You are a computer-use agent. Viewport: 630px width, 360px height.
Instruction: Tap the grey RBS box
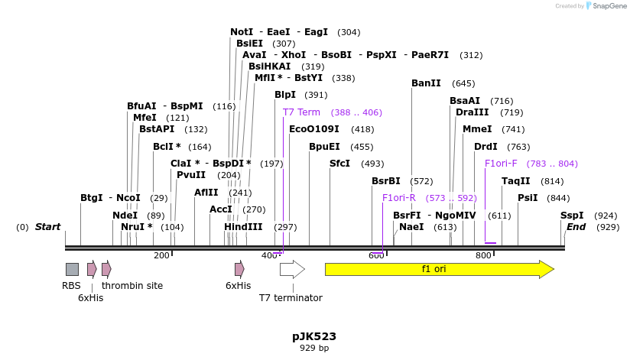(72, 269)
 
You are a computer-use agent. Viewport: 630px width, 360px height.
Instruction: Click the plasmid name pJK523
(314, 336)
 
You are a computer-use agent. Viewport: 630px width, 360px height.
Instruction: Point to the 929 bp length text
(314, 349)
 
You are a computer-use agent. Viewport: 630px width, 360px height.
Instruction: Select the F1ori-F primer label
(501, 164)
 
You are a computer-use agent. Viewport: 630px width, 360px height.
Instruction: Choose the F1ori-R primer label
(399, 198)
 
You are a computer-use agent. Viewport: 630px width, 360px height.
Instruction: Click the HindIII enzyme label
(243, 227)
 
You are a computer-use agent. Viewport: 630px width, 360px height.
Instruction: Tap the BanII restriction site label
(426, 83)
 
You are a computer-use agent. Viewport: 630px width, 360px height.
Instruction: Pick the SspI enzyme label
(572, 216)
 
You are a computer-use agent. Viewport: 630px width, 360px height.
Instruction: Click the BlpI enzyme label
(285, 95)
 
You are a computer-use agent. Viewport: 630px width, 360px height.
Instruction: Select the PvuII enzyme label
(191, 175)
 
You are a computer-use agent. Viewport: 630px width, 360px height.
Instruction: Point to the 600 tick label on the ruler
(376, 255)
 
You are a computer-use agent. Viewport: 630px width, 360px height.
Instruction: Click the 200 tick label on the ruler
(161, 255)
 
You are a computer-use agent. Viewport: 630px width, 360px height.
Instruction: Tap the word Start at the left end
(47, 227)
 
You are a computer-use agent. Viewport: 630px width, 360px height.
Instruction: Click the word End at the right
(576, 227)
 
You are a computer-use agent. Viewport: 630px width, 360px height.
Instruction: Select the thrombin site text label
(132, 286)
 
